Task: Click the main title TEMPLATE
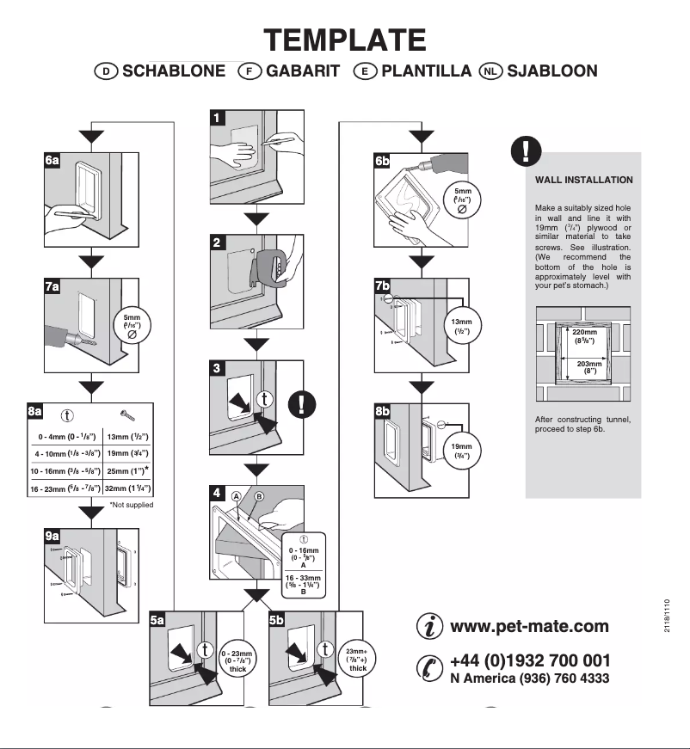(344, 40)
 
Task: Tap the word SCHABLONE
(174, 71)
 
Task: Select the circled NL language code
(491, 71)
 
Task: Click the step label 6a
(52, 160)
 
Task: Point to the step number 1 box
(219, 118)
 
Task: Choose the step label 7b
(383, 285)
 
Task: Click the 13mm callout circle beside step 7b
(462, 327)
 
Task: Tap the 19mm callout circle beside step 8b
(462, 451)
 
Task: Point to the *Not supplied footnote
(131, 505)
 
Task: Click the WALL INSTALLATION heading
(583, 181)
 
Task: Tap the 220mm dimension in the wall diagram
(584, 336)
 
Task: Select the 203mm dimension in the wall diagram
(588, 367)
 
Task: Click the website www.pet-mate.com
(529, 626)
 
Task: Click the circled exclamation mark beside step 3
(301, 403)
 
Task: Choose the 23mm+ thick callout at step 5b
(357, 660)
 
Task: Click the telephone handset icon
(428, 667)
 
